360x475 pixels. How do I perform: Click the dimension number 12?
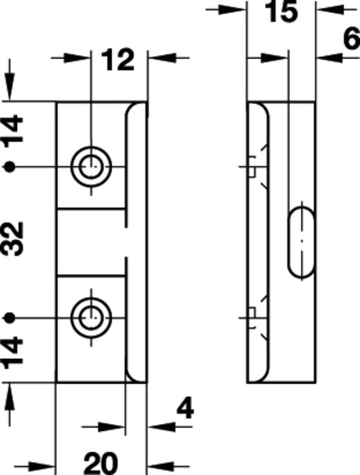pyautogui.click(x=118, y=60)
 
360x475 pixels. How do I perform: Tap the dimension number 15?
pyautogui.click(x=281, y=12)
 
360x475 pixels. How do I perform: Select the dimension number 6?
pyautogui.click(x=353, y=39)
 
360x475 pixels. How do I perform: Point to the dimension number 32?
pyautogui.click(x=12, y=239)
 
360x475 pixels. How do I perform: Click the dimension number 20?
pyautogui.click(x=101, y=463)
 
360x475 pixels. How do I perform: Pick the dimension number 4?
pyautogui.click(x=185, y=409)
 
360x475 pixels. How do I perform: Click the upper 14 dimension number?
pyautogui.click(x=12, y=128)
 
